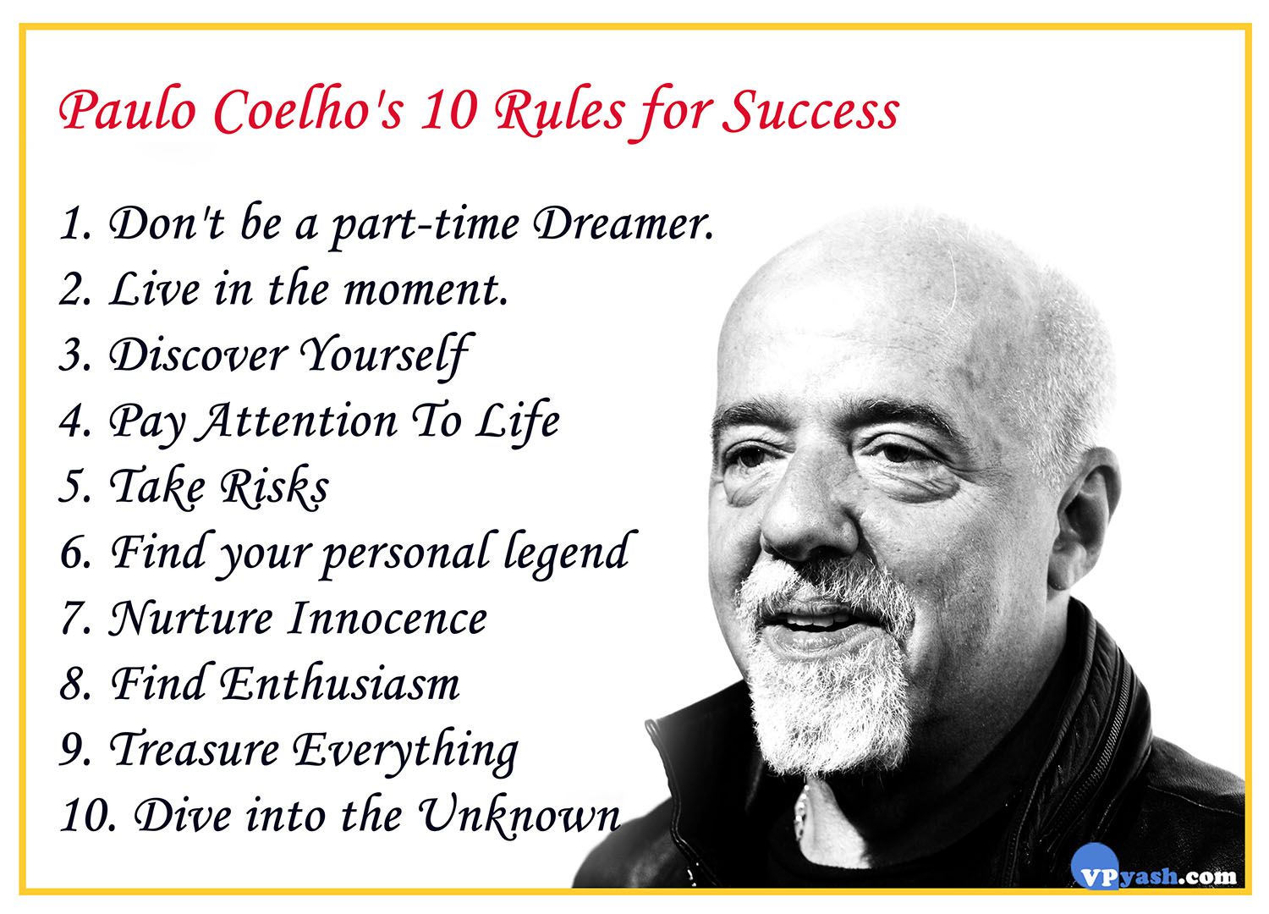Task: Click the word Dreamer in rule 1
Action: point(623,223)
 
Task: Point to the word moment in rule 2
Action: point(425,289)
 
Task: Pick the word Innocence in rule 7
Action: point(387,618)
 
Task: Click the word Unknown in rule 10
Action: point(519,816)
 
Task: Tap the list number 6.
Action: point(74,553)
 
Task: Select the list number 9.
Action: point(74,750)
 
